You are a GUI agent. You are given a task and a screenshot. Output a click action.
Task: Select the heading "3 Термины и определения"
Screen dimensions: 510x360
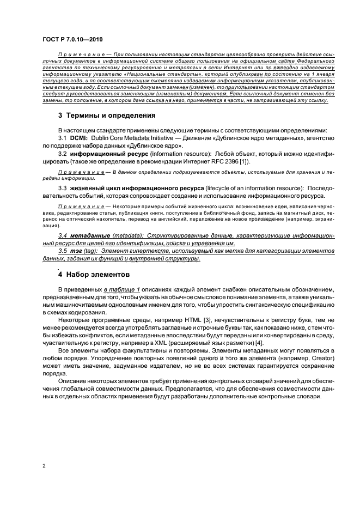point(107,116)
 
